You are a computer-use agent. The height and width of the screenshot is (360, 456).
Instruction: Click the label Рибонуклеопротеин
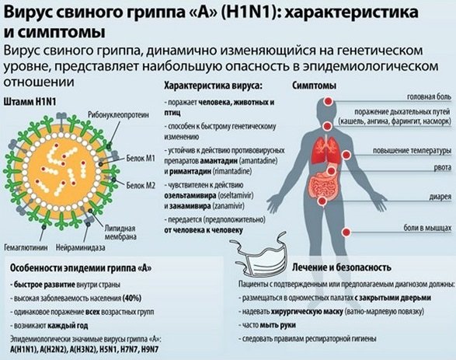[118, 114]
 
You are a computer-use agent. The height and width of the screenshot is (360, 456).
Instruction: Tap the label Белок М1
[141, 159]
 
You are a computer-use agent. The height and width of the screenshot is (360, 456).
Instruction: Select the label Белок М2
[141, 185]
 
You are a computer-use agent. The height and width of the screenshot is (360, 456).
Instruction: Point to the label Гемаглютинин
[26, 248]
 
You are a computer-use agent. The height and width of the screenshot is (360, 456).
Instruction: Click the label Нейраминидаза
[80, 248]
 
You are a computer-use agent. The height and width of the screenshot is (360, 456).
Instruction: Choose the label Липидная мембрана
[120, 232]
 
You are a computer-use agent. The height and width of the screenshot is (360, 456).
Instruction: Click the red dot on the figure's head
[329, 101]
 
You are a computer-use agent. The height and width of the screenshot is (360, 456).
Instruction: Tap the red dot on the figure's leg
[346, 232]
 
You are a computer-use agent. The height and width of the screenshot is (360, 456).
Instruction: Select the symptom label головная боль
[430, 97]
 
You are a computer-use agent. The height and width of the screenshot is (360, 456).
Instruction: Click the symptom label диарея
[440, 197]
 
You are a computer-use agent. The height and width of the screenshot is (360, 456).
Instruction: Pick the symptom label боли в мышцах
[427, 228]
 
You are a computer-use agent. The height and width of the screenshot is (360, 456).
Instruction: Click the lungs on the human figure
[325, 149]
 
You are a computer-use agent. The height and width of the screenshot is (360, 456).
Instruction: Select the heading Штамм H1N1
[30, 102]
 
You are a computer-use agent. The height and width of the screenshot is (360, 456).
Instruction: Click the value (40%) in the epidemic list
[132, 299]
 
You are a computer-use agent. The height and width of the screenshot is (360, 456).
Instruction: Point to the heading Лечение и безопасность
[342, 267]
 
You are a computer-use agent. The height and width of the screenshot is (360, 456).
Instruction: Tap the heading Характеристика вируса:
[213, 86]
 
